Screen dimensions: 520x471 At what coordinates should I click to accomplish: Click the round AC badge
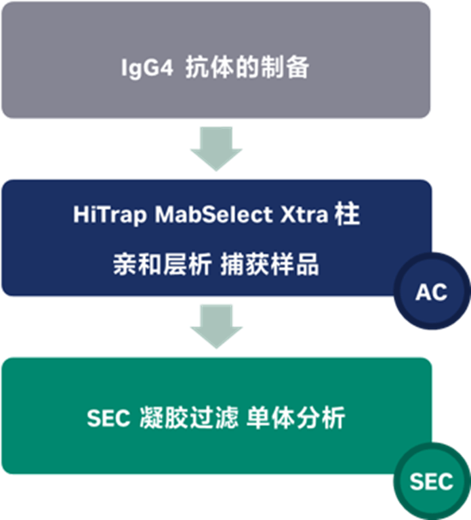(x=432, y=292)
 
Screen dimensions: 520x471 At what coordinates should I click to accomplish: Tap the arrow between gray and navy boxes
(x=216, y=149)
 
